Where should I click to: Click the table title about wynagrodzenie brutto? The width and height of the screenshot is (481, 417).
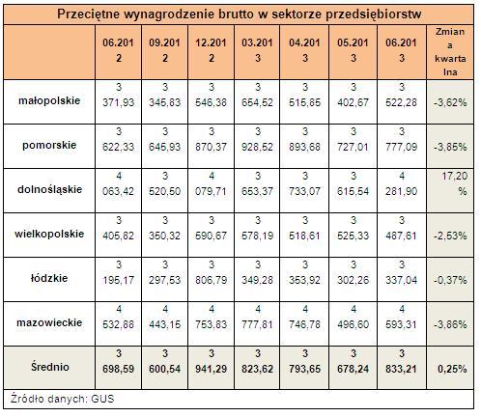point(239,14)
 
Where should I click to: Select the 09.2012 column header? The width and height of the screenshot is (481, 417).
point(164,50)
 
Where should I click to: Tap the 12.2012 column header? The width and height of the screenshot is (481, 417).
point(212,50)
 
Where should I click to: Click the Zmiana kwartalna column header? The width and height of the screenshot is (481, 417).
point(450,52)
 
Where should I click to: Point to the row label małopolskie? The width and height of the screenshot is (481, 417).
point(49,100)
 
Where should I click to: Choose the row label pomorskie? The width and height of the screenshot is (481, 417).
point(49,145)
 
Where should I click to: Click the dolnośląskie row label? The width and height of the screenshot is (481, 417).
point(49,189)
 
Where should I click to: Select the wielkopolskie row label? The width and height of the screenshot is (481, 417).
point(49,234)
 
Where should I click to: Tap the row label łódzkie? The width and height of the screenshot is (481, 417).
point(49,278)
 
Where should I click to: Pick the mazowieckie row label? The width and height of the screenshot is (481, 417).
point(49,322)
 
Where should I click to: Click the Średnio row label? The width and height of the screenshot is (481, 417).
point(50,367)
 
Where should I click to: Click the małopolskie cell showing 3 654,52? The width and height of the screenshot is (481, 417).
point(257,95)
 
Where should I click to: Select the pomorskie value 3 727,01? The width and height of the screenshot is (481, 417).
point(354,139)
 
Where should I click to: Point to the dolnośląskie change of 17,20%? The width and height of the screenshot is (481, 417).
point(454,183)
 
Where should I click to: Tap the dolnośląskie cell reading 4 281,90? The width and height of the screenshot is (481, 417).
point(402,183)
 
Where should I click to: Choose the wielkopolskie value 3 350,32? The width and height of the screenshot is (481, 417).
point(164,228)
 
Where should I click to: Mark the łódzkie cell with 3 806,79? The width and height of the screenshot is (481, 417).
point(212,272)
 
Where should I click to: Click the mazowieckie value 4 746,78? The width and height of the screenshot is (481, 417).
point(304,317)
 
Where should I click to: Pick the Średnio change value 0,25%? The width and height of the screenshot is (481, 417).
point(452,369)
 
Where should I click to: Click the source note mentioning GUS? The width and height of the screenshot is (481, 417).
point(63,399)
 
